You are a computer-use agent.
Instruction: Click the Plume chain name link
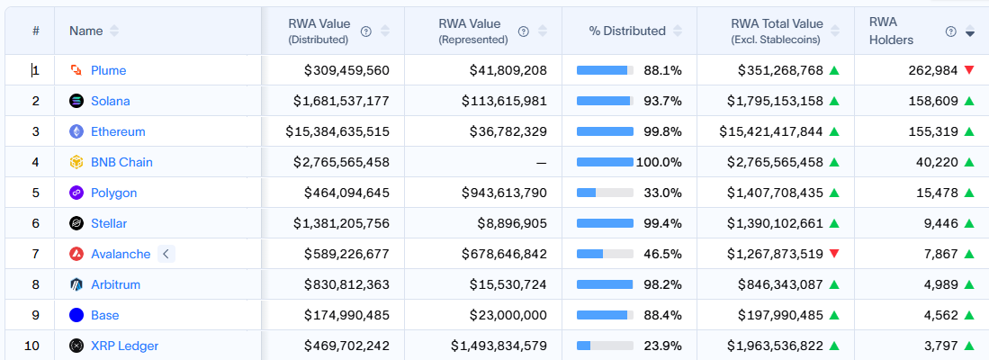click(108, 70)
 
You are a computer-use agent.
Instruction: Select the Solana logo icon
click(76, 101)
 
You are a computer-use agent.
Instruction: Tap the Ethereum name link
click(118, 131)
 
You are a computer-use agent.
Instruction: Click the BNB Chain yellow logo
click(76, 162)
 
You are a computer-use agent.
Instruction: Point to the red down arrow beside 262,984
click(969, 70)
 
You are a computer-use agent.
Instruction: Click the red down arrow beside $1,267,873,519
click(834, 254)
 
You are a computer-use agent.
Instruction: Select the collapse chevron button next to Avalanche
click(165, 254)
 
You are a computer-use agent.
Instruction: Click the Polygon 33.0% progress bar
click(605, 193)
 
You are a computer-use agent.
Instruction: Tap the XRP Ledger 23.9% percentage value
click(662, 346)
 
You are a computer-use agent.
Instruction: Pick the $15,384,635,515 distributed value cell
click(337, 131)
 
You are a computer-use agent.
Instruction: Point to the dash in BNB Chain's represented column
click(541, 162)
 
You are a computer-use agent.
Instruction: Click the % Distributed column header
click(627, 31)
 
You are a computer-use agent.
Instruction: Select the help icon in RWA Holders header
click(951, 31)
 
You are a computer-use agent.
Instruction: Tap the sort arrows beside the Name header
click(114, 31)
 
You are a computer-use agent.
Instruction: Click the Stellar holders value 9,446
click(940, 223)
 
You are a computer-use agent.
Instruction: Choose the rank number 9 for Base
click(36, 315)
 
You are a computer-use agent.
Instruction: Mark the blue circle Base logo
click(76, 315)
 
